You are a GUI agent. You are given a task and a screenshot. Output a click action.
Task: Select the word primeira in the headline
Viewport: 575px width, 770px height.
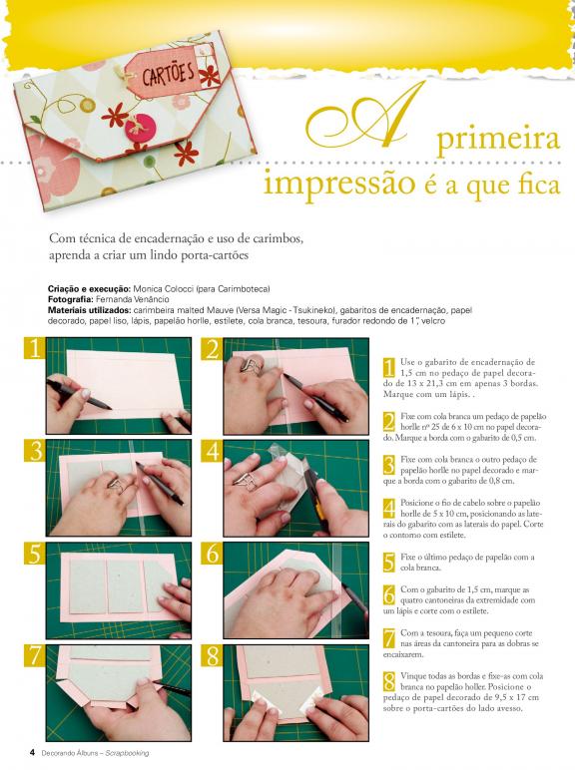coord(498,139)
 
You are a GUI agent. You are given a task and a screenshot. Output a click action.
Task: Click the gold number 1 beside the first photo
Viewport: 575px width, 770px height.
coord(34,349)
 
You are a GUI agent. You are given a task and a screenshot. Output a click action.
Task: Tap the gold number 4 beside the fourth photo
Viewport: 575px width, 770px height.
coord(212,451)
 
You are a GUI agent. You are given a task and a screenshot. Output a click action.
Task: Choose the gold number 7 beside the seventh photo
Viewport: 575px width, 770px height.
coord(34,655)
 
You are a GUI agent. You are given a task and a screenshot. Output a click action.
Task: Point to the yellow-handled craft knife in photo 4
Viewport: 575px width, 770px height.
coord(315,495)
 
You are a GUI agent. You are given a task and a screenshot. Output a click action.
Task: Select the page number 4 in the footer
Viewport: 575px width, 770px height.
coord(32,752)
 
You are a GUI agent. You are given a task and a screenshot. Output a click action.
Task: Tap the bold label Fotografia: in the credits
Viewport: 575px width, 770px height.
coord(71,299)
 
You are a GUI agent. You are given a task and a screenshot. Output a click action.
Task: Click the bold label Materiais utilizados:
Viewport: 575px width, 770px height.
coord(89,310)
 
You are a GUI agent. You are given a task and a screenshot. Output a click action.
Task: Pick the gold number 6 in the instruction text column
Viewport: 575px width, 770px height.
coord(388,594)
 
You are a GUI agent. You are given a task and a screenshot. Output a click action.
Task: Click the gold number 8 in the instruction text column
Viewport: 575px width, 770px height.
coord(389,681)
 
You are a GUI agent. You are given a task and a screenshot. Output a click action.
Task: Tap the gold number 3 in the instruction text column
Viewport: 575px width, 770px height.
coord(388,465)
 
